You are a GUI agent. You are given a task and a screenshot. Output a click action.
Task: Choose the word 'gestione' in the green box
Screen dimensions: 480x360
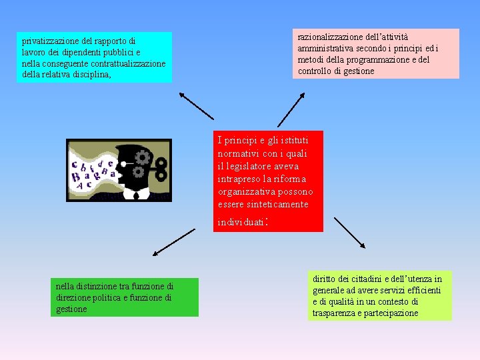click(x=72, y=309)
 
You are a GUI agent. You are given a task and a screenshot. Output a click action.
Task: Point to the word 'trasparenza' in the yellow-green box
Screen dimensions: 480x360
click(x=335, y=313)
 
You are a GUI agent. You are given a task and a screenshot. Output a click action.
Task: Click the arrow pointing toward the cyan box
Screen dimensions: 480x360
click(x=196, y=106)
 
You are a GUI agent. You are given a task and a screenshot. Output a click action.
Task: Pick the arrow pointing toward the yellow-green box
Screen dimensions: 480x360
click(x=349, y=232)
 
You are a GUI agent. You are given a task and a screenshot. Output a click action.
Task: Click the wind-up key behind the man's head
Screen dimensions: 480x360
click(x=160, y=171)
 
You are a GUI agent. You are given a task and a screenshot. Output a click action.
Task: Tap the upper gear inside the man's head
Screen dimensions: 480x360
click(x=141, y=157)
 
